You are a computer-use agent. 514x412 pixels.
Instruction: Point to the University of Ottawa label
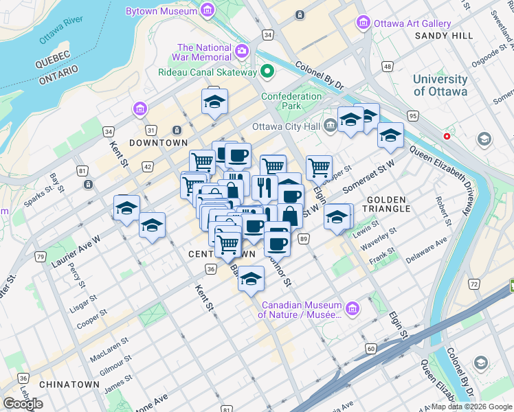(x=440, y=85)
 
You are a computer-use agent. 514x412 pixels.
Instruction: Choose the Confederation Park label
(x=291, y=101)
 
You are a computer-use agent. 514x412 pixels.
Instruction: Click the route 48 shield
(x=388, y=67)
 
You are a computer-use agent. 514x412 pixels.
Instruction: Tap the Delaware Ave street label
(x=426, y=249)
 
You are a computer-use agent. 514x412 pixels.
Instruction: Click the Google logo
(x=23, y=404)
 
